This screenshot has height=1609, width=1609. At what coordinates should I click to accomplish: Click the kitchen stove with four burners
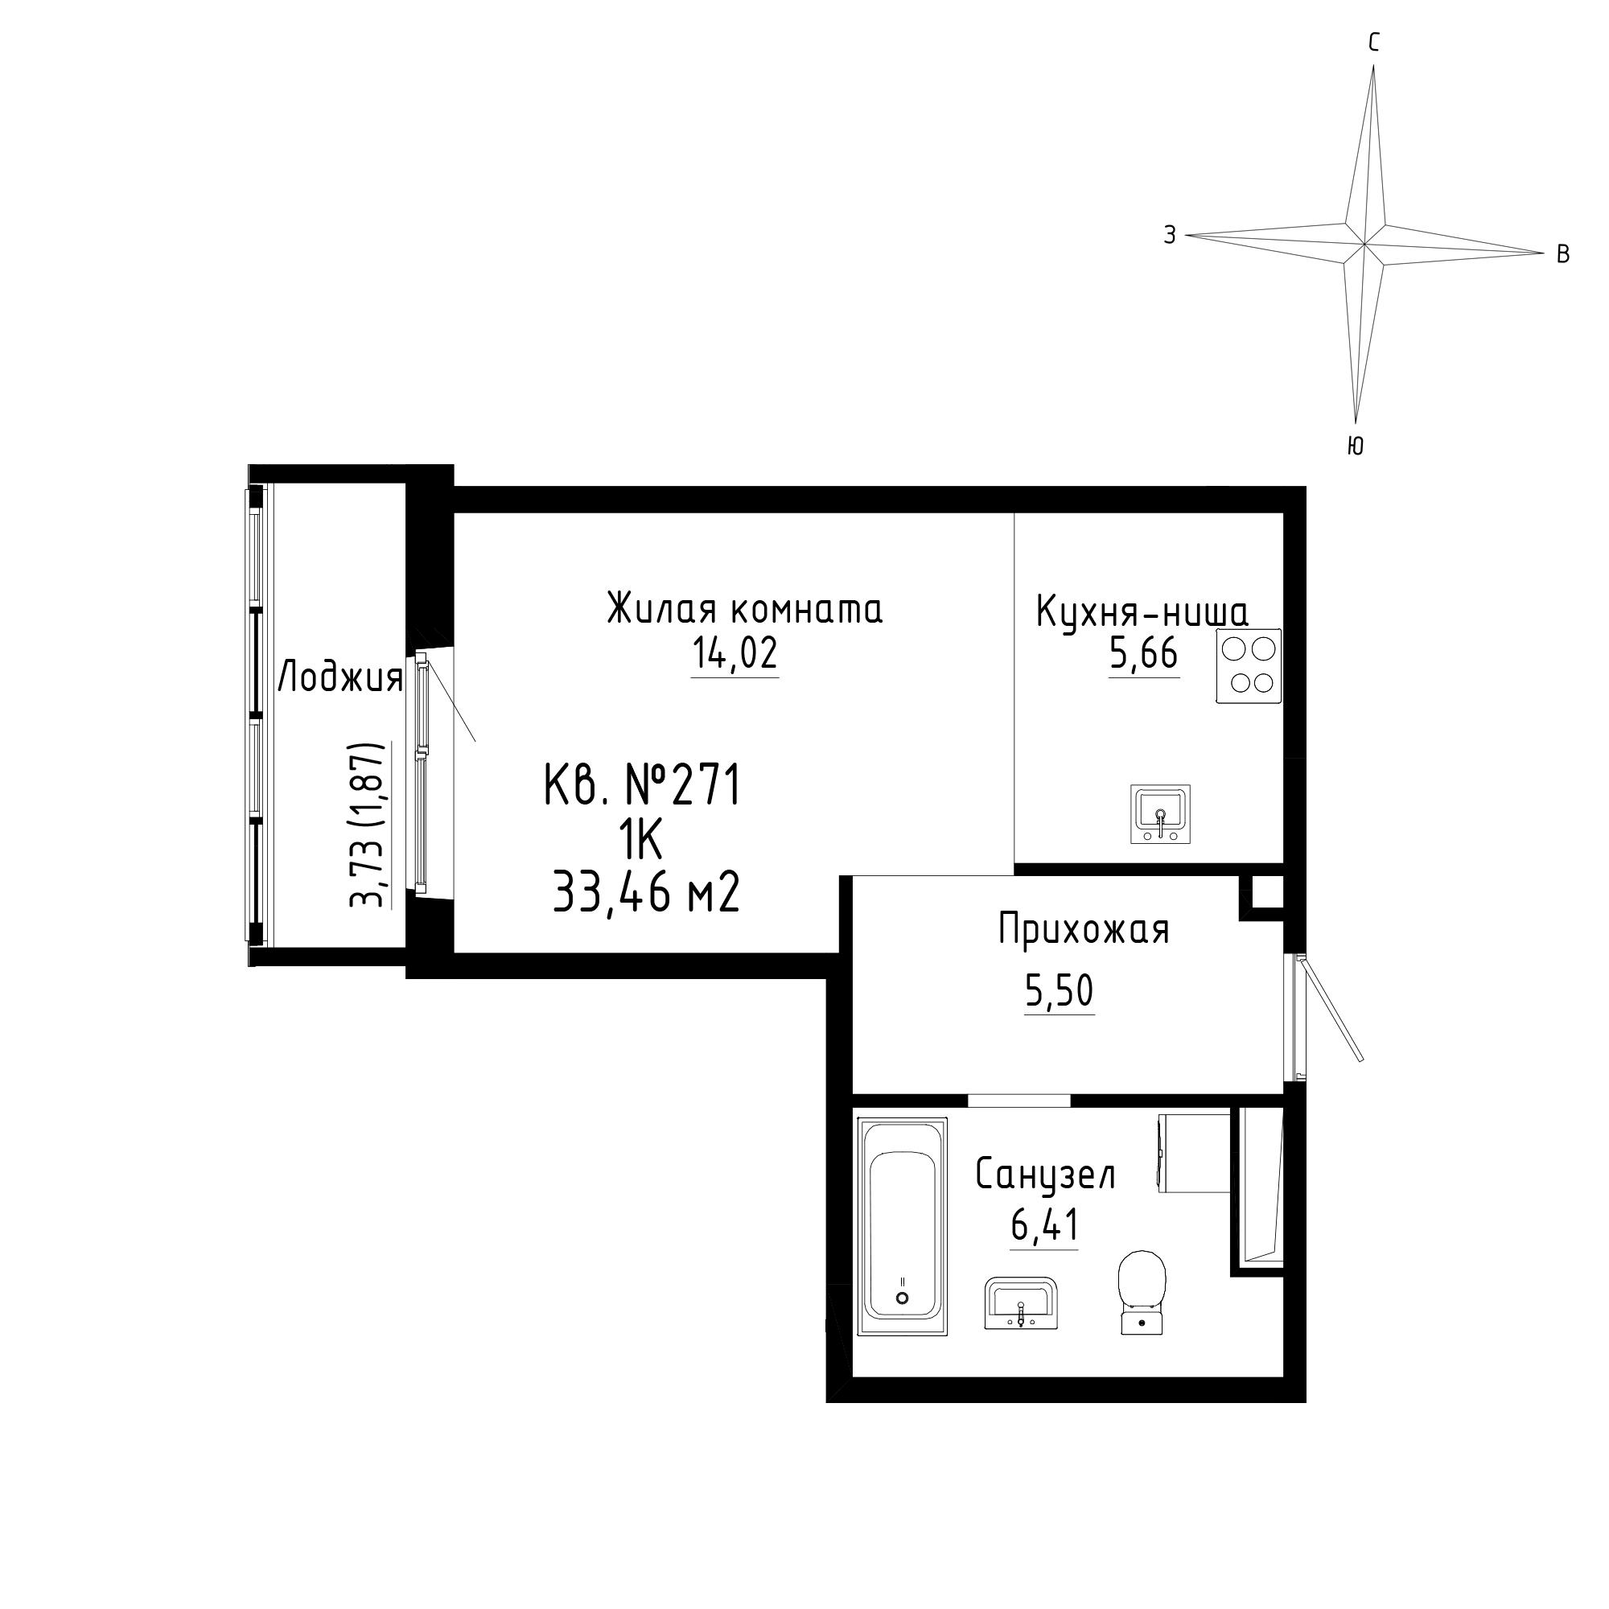[1249, 666]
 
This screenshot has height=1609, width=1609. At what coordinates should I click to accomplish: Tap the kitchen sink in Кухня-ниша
[1160, 813]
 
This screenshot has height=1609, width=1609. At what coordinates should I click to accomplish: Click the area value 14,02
[735, 653]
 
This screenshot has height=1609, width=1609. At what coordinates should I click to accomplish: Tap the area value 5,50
[1060, 991]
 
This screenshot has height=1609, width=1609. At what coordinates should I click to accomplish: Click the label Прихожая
[1084, 930]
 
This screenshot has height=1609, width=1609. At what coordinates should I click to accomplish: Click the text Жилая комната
[744, 609]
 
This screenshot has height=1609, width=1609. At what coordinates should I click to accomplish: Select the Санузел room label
[1045, 1176]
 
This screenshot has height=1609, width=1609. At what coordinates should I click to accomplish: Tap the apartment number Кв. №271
[642, 786]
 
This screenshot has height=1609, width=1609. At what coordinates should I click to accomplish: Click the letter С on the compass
[1374, 43]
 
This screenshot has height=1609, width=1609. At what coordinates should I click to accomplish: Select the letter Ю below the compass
[1355, 446]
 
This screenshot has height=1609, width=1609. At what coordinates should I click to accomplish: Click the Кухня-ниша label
[1142, 612]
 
